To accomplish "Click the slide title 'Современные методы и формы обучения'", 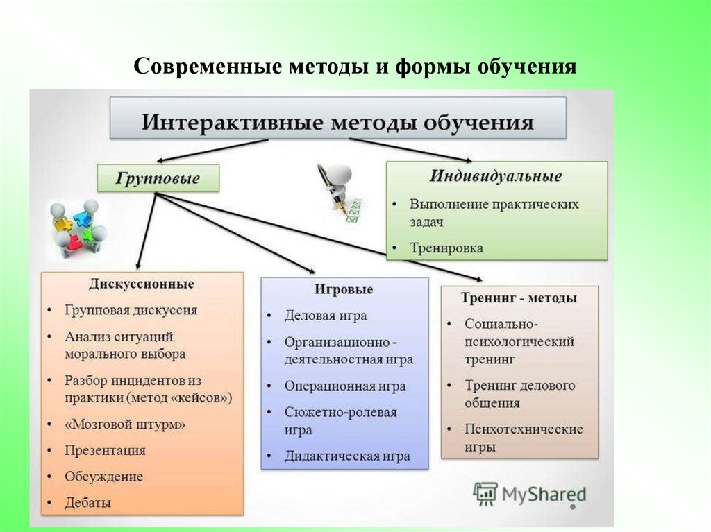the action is coord(355,67).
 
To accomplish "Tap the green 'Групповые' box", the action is coord(158,178).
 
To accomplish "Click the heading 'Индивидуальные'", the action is coord(495,175).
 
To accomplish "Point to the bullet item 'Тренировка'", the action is coord(446,248).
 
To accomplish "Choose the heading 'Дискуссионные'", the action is coord(141,284).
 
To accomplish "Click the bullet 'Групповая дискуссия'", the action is coord(131,310).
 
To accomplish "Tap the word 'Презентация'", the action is coord(105,450).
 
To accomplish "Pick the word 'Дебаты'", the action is coord(88,502).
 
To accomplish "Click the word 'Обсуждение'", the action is coord(103,477).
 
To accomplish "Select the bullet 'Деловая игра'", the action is coord(325,316).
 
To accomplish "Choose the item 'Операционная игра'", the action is coord(344,386).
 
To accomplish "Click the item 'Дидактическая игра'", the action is coord(346,456).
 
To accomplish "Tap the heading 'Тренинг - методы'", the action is coord(519,298).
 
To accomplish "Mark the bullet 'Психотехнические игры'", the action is coord(523,437).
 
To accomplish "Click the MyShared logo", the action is coord(530,494).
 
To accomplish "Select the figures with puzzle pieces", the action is coord(76,225).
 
